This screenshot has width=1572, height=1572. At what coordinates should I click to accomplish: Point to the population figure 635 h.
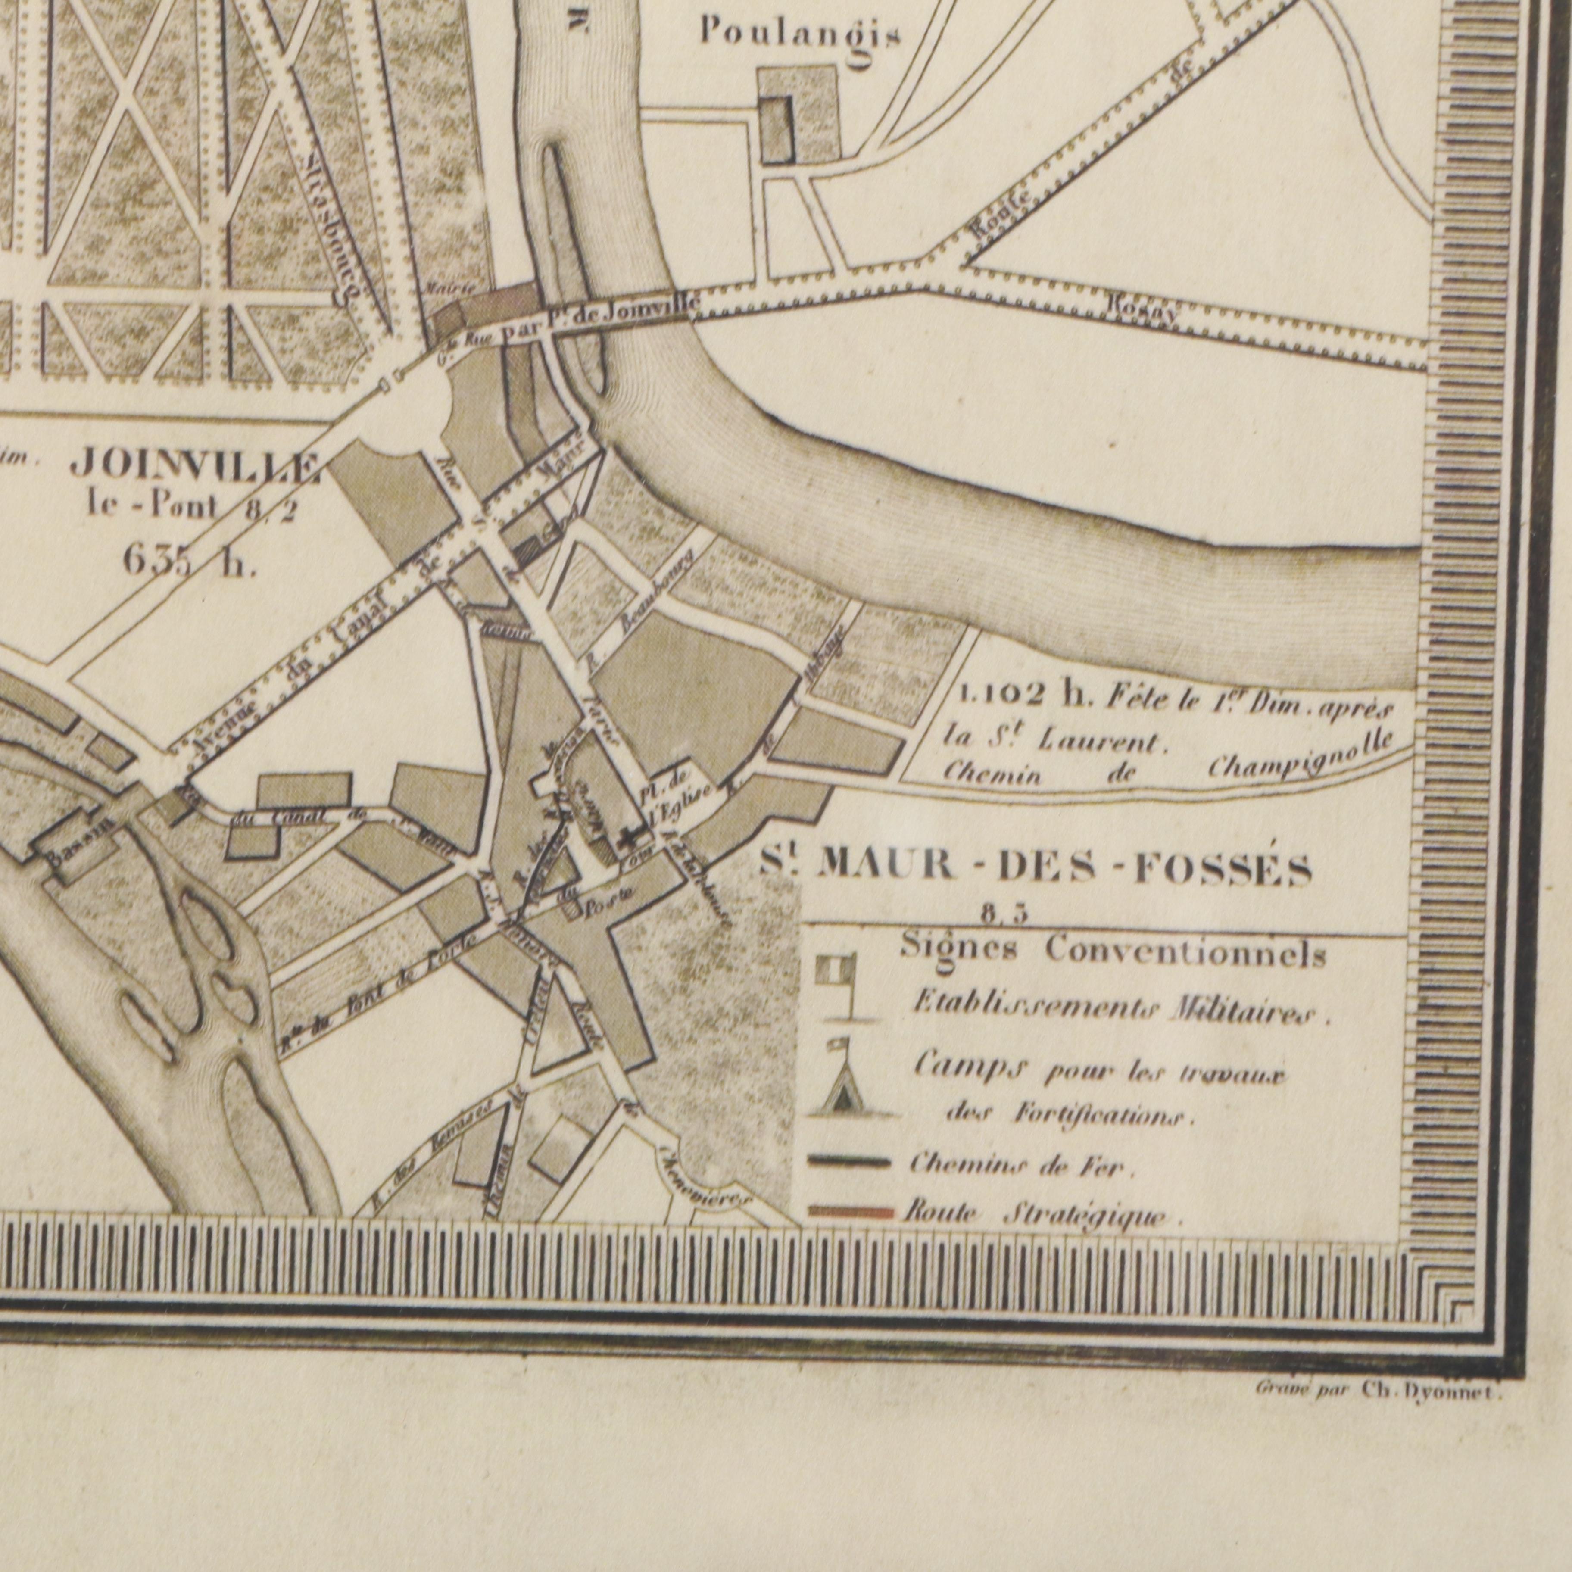click(189, 561)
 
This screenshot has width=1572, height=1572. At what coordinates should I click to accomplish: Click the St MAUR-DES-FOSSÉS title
click(1035, 867)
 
